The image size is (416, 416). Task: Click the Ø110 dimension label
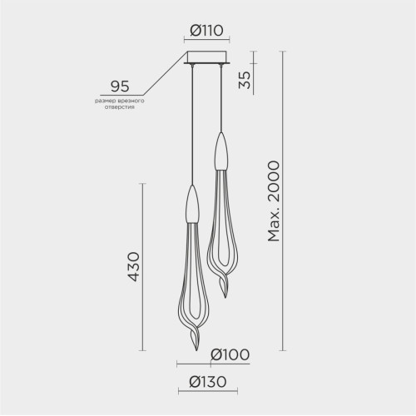(x=206, y=31)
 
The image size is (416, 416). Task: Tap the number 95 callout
(x=120, y=87)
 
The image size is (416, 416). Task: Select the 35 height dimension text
(x=245, y=80)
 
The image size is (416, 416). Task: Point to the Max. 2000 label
(x=274, y=201)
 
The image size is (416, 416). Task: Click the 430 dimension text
(x=135, y=267)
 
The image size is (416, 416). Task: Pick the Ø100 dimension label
(x=230, y=354)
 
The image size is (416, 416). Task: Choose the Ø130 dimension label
(x=208, y=382)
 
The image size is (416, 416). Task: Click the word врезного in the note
(x=129, y=101)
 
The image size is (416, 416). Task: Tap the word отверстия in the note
(x=120, y=107)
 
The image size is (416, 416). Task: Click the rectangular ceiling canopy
(x=207, y=57)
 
